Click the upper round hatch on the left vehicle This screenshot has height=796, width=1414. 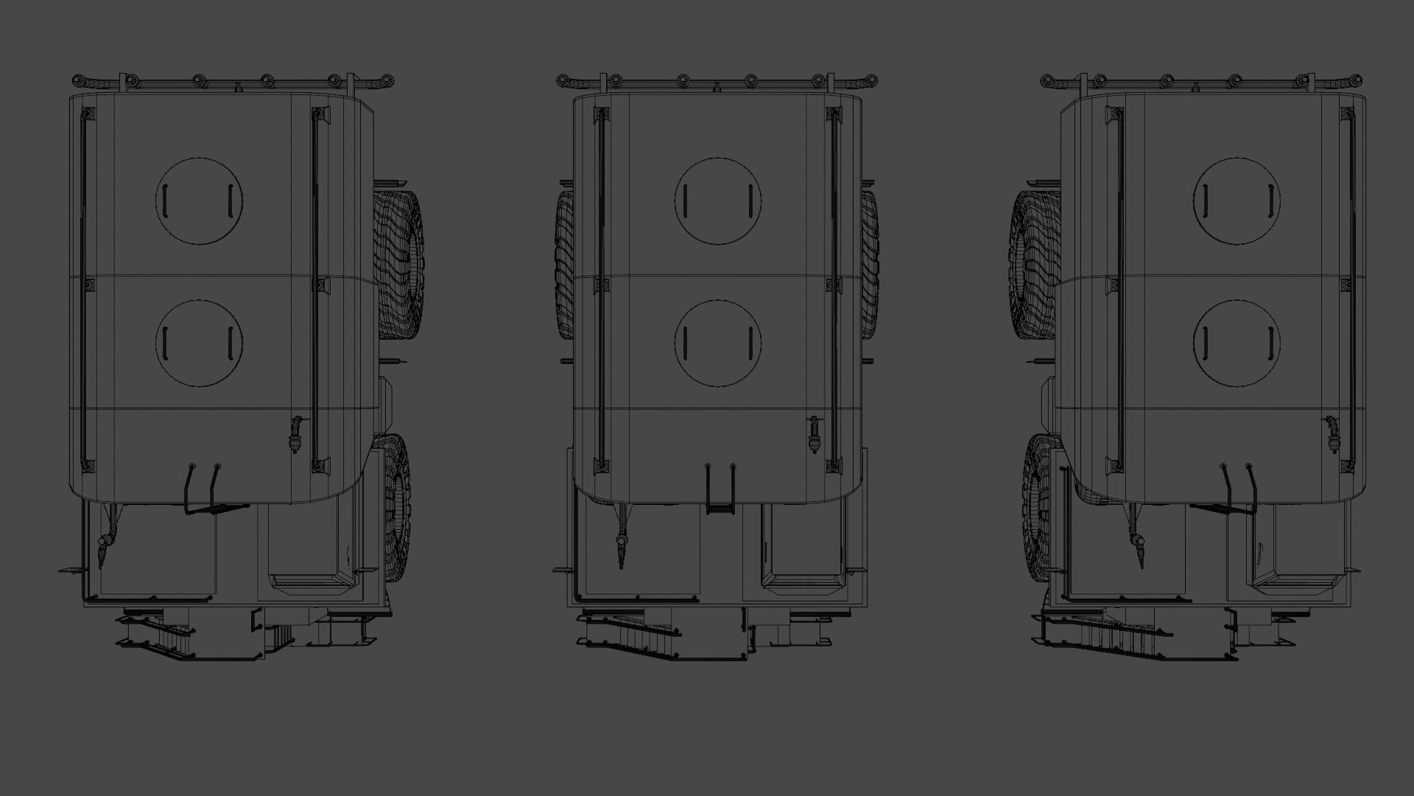tap(199, 200)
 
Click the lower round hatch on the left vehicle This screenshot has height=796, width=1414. tap(199, 343)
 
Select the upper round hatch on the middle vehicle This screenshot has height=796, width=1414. tap(718, 200)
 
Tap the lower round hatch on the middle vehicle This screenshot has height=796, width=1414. tap(718, 343)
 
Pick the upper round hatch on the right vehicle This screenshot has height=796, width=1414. tap(1237, 200)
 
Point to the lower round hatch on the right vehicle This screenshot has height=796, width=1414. tap(1237, 343)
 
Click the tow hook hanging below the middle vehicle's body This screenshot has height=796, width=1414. tap(623, 545)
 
